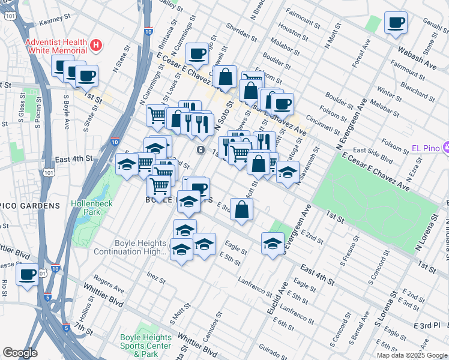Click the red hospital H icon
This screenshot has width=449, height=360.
pyautogui.click(x=95, y=45)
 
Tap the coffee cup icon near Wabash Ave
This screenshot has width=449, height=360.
pyautogui.click(x=395, y=23)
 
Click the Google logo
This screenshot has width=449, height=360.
pyautogui.click(x=20, y=353)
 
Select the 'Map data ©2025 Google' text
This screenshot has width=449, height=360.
pyautogui.click(x=411, y=355)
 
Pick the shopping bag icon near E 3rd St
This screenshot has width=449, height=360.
pyautogui.click(x=241, y=210)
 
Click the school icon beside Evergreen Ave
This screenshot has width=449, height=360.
pyautogui.click(x=272, y=243)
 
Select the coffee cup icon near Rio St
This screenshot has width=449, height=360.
pyautogui.click(x=27, y=275)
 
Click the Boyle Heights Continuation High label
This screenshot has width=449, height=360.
pyautogui.click(x=130, y=247)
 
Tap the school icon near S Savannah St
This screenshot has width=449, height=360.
pyautogui.click(x=288, y=172)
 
